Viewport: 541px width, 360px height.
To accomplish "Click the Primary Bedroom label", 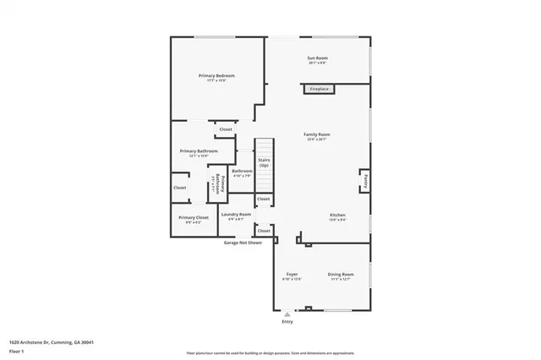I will click(x=216, y=76).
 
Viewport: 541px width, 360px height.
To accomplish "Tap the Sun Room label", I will click(x=317, y=58).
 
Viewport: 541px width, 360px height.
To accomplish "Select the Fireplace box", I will click(x=319, y=89).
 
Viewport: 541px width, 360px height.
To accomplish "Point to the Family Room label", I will click(x=317, y=134).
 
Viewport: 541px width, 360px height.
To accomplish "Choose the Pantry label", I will click(x=366, y=180).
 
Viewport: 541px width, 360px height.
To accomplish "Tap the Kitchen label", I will click(x=337, y=215).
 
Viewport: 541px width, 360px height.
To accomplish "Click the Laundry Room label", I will click(x=236, y=215).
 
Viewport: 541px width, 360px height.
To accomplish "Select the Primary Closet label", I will click(x=189, y=218).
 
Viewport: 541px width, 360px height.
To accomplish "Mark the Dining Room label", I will click(x=341, y=275).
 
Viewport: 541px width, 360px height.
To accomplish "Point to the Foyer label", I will click(x=291, y=275).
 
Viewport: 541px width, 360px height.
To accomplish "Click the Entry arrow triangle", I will click(x=287, y=314).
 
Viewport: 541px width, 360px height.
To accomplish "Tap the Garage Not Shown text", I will click(x=243, y=243).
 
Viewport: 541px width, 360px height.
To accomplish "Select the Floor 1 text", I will click(x=16, y=349).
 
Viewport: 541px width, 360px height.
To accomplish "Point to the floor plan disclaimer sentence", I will click(x=270, y=352).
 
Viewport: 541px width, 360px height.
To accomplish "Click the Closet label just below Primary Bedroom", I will click(x=226, y=129).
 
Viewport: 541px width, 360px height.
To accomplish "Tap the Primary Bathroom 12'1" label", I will click(x=199, y=151).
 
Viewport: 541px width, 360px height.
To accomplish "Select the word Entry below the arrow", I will click(x=287, y=322).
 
